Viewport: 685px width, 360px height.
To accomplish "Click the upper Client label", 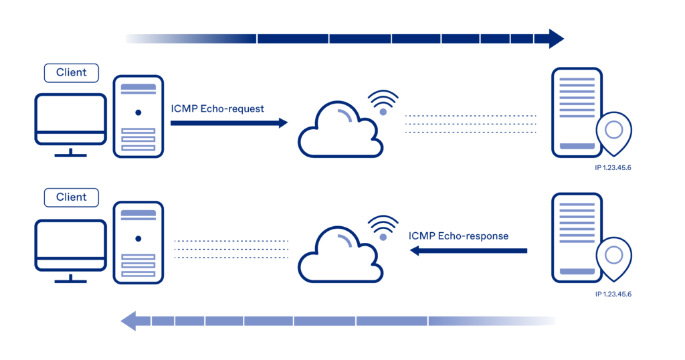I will (71, 72).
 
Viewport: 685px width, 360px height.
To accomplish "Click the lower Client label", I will (71, 197).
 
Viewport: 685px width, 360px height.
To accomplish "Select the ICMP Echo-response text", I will (458, 236).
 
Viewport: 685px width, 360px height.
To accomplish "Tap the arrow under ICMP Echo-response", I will (468, 251).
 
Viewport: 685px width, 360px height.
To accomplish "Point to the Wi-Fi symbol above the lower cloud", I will (383, 228).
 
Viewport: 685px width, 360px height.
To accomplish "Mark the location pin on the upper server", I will (613, 131).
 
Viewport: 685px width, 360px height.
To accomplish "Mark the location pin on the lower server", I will (613, 256).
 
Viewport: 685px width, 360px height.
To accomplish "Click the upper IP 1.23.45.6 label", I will (613, 167).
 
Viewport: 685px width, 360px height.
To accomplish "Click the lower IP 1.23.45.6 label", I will (613, 293).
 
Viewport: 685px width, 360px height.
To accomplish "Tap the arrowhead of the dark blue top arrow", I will (555, 38).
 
